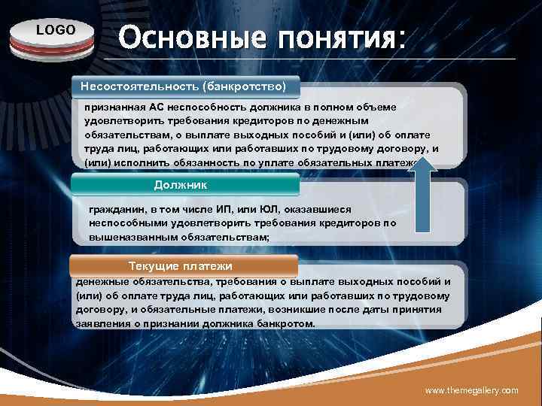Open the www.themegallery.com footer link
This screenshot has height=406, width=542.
click(x=471, y=390)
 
